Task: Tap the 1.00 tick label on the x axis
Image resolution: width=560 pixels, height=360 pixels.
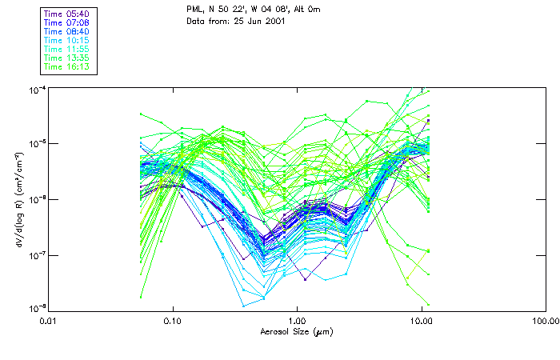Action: tap(297, 320)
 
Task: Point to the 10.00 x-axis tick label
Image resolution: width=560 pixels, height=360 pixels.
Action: tap(421, 320)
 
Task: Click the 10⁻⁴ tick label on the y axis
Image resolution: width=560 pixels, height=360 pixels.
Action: tap(36, 87)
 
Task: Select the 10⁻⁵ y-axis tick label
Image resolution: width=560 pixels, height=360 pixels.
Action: tap(36, 142)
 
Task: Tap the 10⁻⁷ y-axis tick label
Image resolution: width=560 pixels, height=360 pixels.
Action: tap(36, 254)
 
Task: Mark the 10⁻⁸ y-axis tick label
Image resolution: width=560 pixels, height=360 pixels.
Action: tap(36, 308)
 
